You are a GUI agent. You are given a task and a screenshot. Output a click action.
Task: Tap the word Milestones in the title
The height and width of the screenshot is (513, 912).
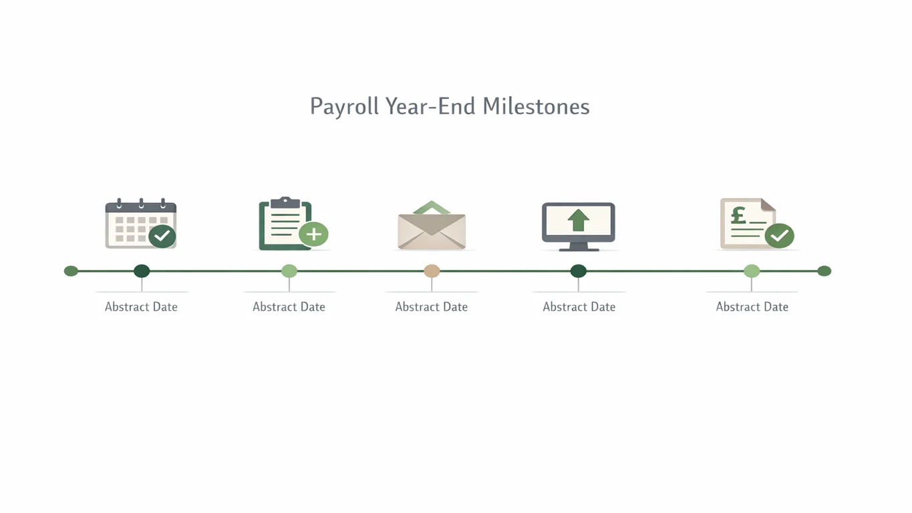click(x=536, y=106)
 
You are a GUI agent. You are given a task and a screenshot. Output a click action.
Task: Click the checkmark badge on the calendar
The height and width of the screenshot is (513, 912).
click(x=162, y=236)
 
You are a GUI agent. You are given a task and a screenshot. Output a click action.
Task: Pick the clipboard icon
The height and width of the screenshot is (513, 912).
click(x=284, y=224)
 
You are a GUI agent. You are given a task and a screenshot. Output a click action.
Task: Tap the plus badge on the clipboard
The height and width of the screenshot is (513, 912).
click(x=313, y=234)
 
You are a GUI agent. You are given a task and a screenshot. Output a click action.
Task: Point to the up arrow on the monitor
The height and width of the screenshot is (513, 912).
click(x=578, y=220)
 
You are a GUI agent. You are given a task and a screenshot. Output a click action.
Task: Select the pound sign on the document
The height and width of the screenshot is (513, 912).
click(x=738, y=216)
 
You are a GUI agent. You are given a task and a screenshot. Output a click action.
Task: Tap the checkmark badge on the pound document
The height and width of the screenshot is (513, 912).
click(x=779, y=235)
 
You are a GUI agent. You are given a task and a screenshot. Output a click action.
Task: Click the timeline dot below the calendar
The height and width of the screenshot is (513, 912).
click(x=142, y=271)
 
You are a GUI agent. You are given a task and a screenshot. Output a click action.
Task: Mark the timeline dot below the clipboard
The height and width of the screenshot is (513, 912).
click(x=289, y=271)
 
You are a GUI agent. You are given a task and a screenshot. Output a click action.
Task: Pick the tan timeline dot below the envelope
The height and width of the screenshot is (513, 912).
click(x=432, y=271)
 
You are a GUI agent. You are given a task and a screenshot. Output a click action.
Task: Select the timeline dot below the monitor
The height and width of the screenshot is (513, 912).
click(x=579, y=271)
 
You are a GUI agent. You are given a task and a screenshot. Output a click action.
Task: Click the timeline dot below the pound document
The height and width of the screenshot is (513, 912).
click(x=752, y=271)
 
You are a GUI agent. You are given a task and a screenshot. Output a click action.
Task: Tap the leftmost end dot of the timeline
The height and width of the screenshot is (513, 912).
click(x=71, y=271)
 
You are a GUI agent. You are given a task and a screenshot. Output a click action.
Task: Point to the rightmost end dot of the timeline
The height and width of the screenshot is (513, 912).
click(x=824, y=271)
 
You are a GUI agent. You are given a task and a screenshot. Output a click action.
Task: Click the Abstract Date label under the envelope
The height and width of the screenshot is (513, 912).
click(x=432, y=307)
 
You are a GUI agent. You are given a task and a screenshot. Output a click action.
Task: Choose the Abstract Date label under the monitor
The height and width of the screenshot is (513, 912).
click(x=579, y=307)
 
